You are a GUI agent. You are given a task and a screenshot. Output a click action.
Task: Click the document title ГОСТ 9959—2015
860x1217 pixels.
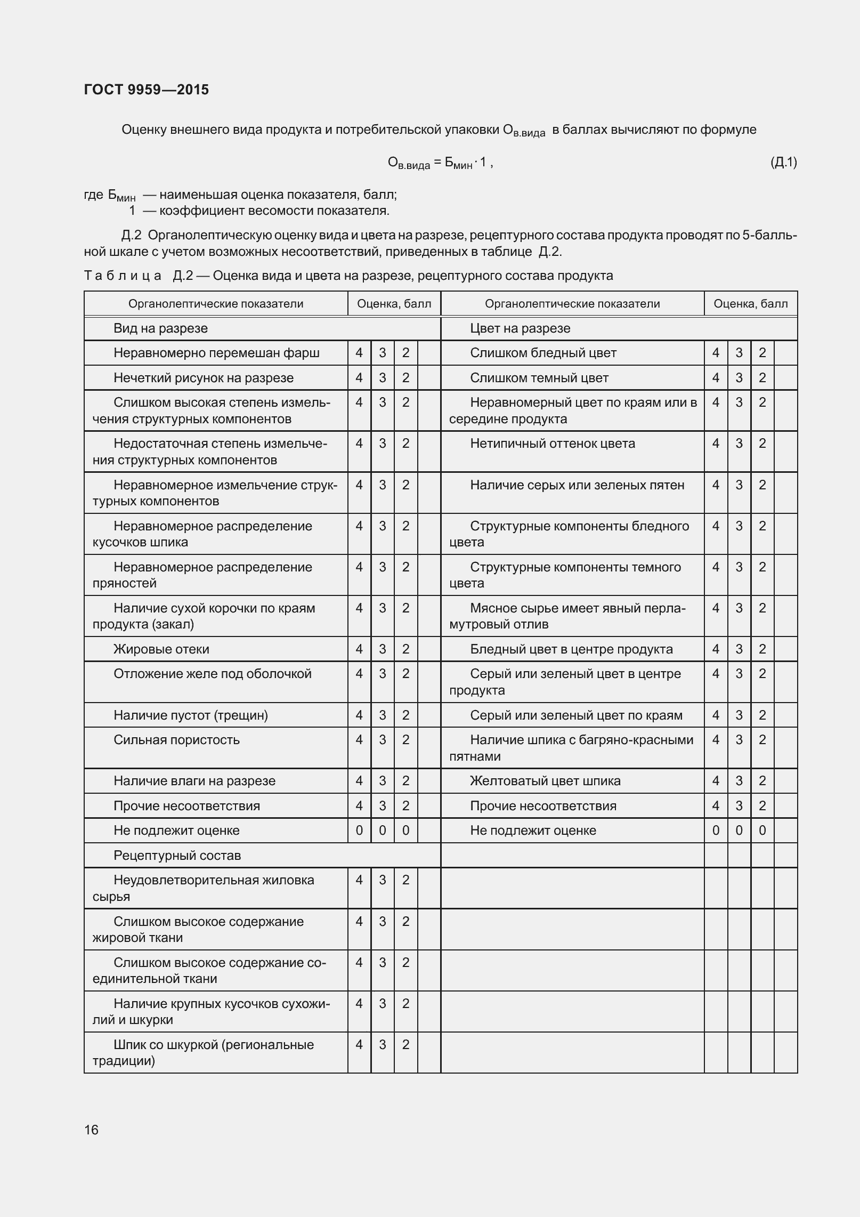click(x=147, y=90)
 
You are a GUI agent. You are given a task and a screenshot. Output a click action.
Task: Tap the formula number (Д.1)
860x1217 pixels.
click(x=783, y=162)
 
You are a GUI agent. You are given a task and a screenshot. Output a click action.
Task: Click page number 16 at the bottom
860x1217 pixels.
click(x=91, y=1130)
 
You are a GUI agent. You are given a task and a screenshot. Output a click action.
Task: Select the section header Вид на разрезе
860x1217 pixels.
click(x=160, y=328)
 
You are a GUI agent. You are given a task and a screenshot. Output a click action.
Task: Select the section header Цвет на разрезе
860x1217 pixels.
click(x=520, y=328)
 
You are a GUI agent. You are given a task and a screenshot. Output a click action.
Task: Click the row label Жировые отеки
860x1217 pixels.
click(x=161, y=649)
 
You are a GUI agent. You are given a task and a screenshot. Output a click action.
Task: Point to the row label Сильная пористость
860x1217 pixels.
click(x=176, y=740)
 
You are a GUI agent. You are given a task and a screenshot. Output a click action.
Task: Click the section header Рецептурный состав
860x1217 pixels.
click(x=177, y=856)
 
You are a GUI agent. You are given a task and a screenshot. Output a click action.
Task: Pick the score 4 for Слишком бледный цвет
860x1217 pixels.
click(x=716, y=353)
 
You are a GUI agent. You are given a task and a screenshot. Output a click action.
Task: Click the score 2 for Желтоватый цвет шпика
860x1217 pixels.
click(x=762, y=781)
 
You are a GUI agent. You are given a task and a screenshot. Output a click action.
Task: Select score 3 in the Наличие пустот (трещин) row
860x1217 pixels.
click(x=383, y=715)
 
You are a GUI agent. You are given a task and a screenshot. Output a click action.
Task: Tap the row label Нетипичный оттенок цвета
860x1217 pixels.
click(x=552, y=444)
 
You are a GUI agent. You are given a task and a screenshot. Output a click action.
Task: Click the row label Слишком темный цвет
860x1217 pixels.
click(x=539, y=378)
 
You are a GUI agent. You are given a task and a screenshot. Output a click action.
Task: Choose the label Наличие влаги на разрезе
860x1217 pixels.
click(x=194, y=781)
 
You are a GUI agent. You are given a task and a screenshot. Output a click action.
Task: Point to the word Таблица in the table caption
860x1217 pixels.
click(x=123, y=276)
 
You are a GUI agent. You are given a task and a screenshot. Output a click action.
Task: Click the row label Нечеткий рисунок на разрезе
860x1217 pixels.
click(x=203, y=378)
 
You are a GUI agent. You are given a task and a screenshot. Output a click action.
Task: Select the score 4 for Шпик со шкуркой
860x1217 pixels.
click(x=359, y=1045)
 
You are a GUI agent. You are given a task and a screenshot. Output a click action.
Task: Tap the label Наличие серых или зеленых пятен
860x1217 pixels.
click(x=577, y=485)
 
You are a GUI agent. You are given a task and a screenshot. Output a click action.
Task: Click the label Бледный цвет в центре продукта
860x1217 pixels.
click(x=571, y=649)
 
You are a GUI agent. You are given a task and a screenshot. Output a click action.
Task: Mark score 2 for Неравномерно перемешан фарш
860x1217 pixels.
click(x=406, y=353)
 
